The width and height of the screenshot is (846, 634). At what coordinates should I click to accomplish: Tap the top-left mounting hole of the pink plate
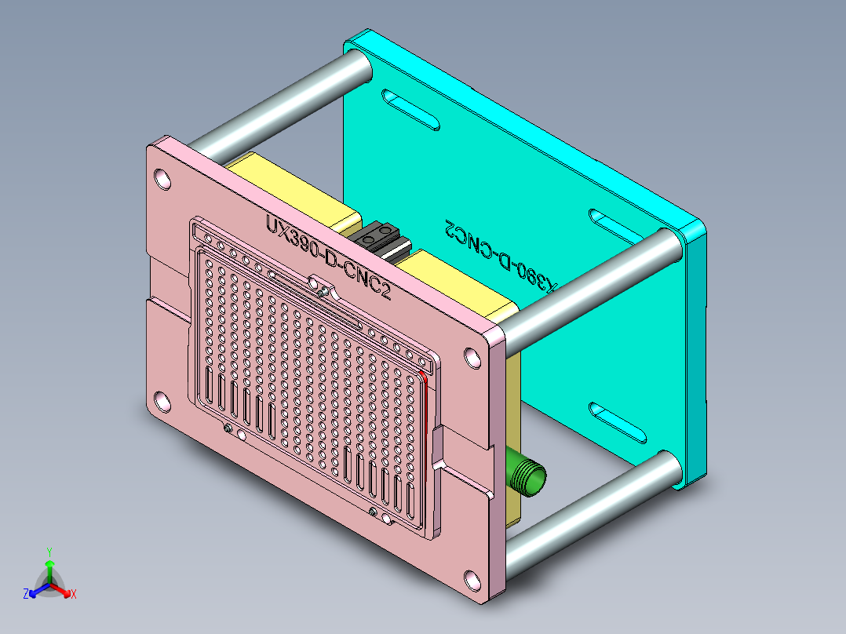(162, 179)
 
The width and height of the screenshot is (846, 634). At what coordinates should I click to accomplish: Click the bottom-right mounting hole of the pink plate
(472, 581)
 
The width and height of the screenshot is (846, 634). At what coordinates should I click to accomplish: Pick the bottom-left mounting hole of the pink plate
(162, 402)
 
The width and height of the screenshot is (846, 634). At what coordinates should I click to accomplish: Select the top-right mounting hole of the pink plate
(473, 358)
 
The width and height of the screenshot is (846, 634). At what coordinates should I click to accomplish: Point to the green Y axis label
(49, 551)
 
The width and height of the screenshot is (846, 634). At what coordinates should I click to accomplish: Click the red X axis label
(74, 594)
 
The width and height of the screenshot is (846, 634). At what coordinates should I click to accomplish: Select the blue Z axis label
(26, 594)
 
